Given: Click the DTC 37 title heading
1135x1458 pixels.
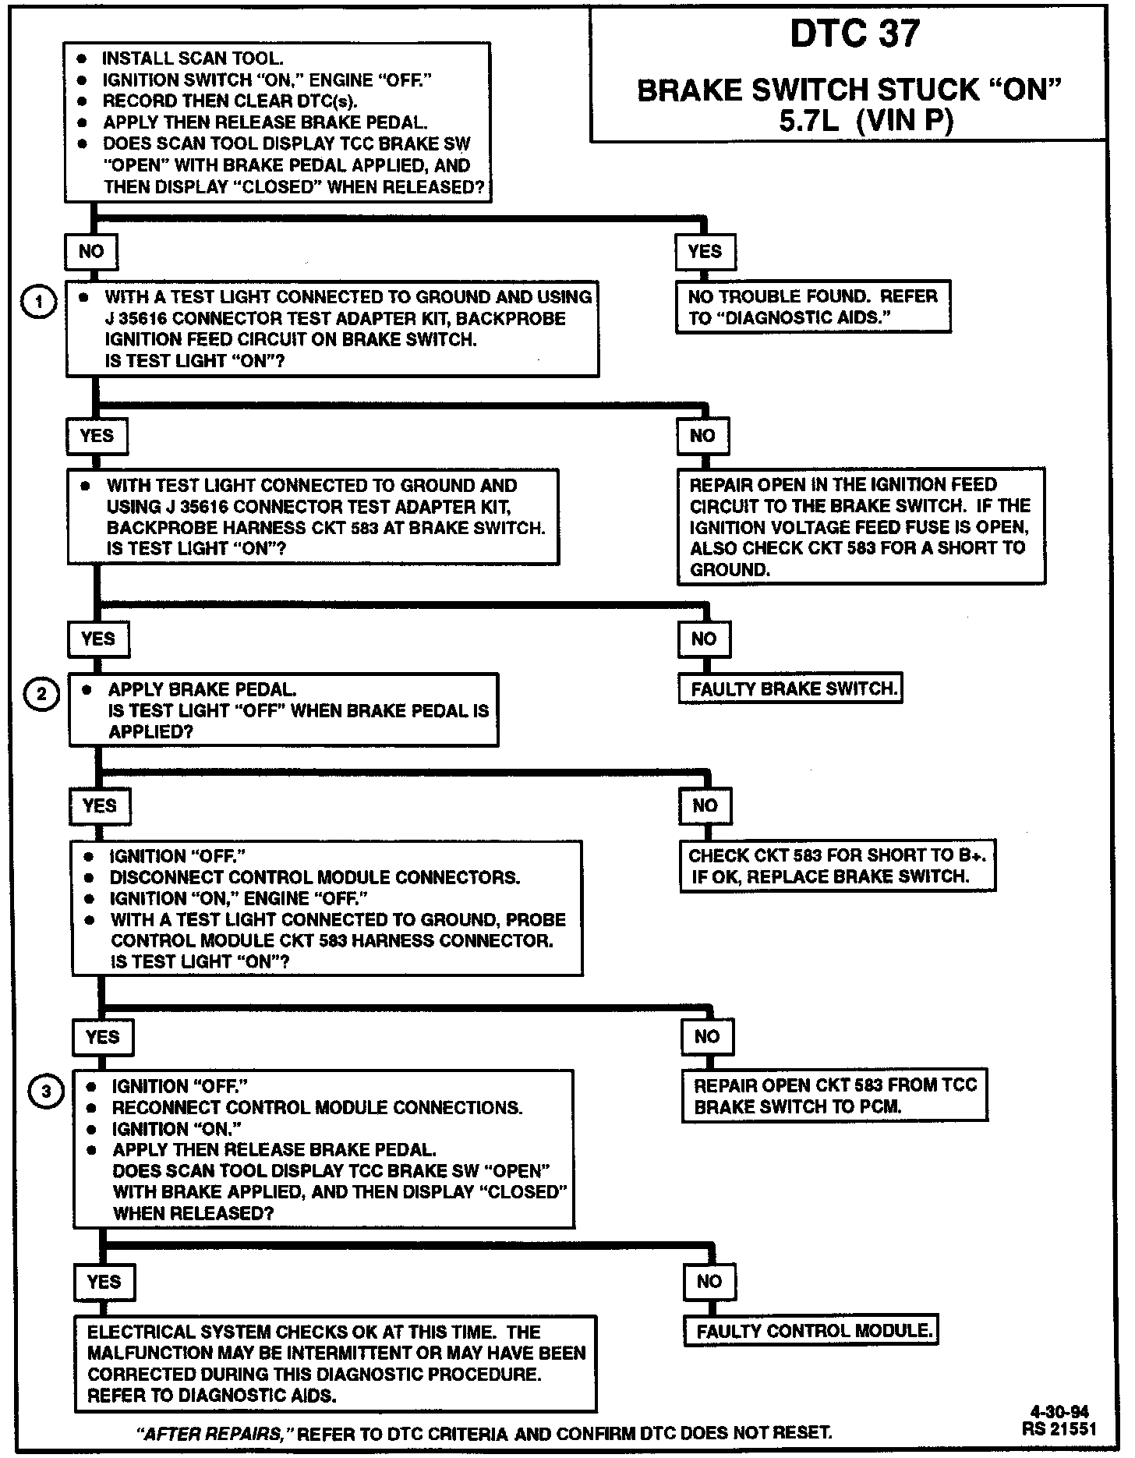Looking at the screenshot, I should pyautogui.click(x=855, y=34).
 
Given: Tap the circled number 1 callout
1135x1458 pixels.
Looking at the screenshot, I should pyautogui.click(x=37, y=303).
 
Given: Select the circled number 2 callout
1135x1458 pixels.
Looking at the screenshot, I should pyautogui.click(x=41, y=695).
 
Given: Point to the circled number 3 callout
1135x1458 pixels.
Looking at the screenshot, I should pyautogui.click(x=46, y=1092).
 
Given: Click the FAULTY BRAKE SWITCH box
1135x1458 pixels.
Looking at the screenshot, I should pyautogui.click(x=790, y=688).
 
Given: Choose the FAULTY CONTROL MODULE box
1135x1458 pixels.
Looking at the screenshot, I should pyautogui.click(x=811, y=1330).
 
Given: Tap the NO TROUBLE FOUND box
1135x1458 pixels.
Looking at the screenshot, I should pyautogui.click(x=813, y=306).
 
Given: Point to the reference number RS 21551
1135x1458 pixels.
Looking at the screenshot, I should pyautogui.click(x=1059, y=1428).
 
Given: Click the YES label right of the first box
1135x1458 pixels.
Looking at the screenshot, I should pyautogui.click(x=705, y=251).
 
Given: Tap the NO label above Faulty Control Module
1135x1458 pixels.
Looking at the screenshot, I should pyautogui.click(x=709, y=1281).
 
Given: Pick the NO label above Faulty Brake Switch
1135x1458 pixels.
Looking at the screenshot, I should pyautogui.click(x=703, y=639).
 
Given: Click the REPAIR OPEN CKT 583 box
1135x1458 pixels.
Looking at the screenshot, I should pyautogui.click(x=834, y=1095).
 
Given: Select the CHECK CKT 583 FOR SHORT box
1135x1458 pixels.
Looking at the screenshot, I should pyautogui.click(x=837, y=865).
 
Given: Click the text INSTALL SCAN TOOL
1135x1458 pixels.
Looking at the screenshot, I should pyautogui.click(x=193, y=58).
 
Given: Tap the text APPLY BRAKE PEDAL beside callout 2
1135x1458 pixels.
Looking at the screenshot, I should pyautogui.click(x=202, y=689).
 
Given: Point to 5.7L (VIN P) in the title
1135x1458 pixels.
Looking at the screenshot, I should pyautogui.click(x=866, y=121).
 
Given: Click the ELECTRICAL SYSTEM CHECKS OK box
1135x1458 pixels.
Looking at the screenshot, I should pyautogui.click(x=336, y=1364).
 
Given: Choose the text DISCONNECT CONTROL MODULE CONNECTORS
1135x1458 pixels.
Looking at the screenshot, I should pyautogui.click(x=314, y=877).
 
